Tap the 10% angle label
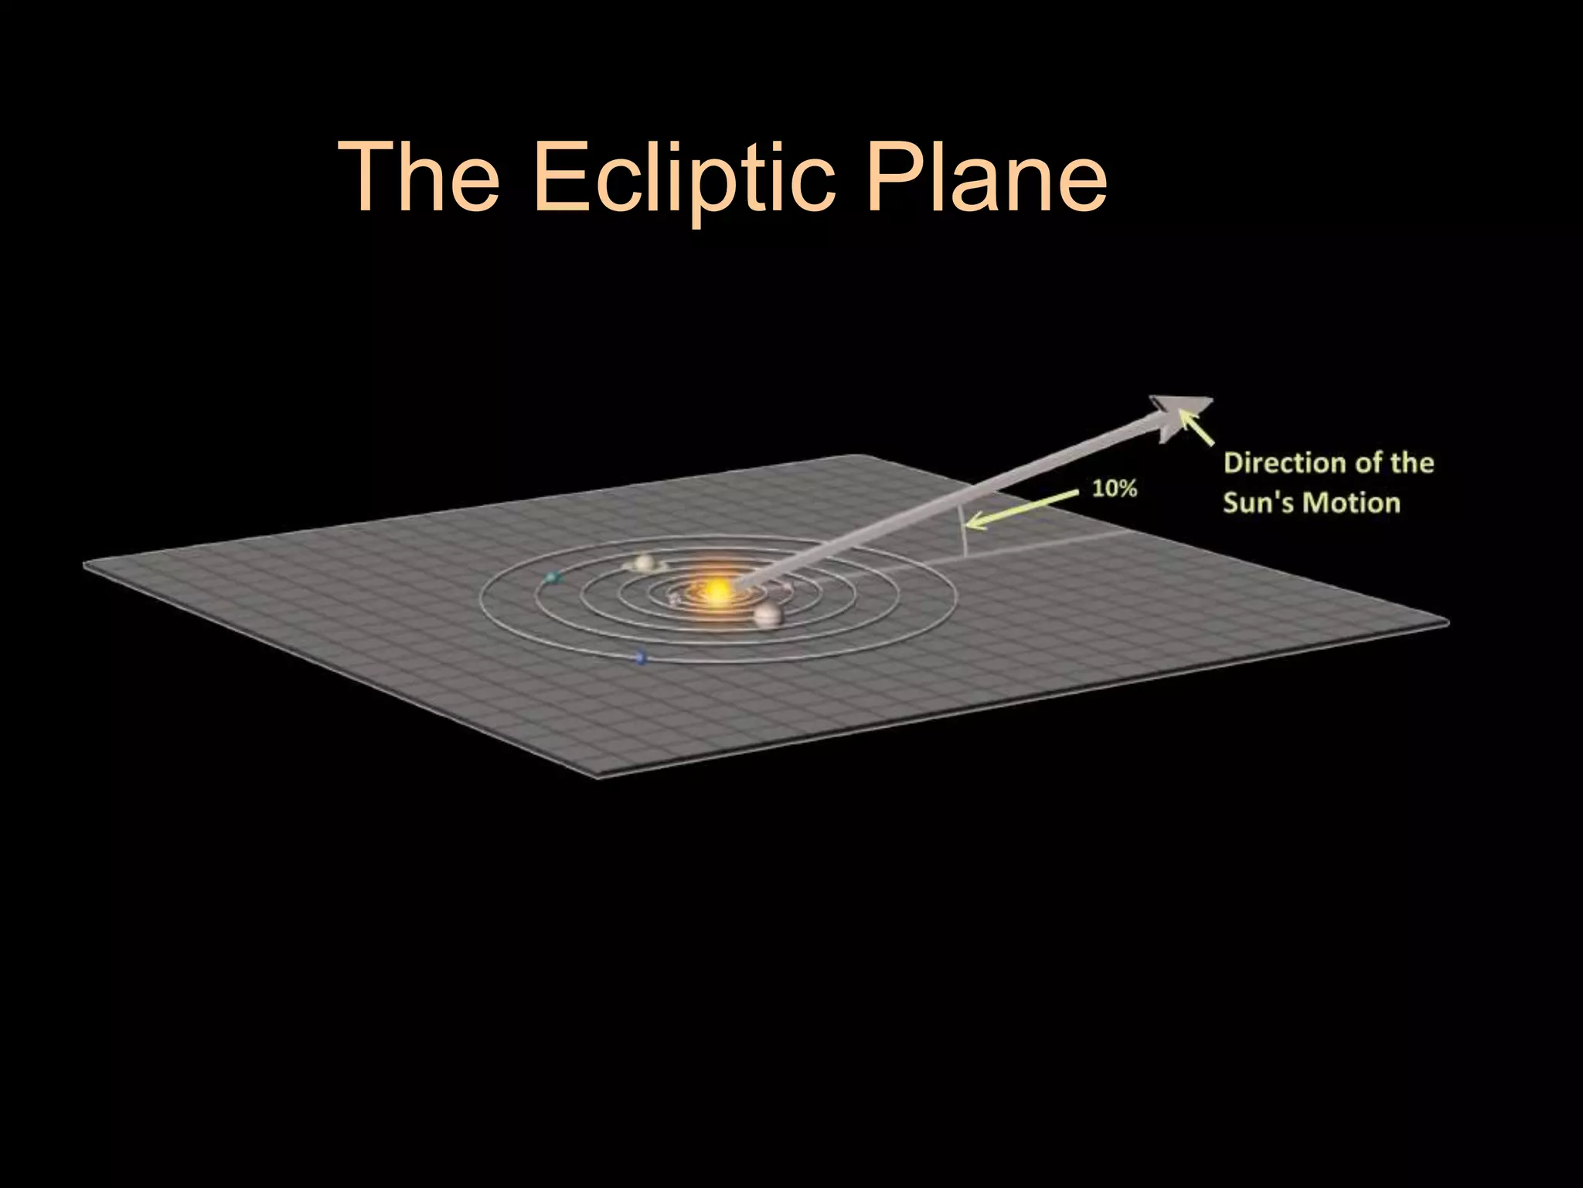coord(1114,488)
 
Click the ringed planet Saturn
coord(643,563)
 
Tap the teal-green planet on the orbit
coord(552,577)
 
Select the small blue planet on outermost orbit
coord(640,657)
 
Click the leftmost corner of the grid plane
coord(85,567)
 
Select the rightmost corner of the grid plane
coord(1447,621)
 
